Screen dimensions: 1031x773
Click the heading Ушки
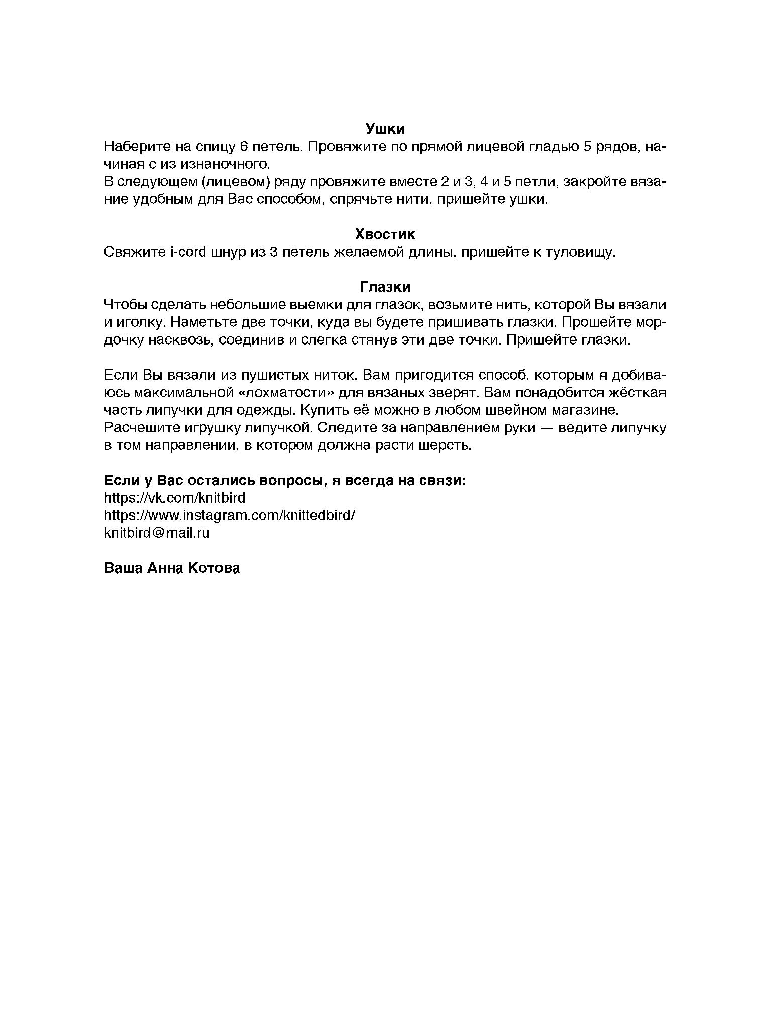pos(385,129)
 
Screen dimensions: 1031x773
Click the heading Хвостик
pos(385,235)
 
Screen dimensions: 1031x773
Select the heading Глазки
pos(385,287)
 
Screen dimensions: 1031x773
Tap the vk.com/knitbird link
pos(174,498)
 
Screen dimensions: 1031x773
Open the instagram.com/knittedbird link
pos(230,516)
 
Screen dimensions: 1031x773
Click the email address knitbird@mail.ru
pos(157,533)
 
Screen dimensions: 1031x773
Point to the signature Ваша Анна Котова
pos(172,568)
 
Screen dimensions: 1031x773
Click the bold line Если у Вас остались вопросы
pos(285,481)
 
